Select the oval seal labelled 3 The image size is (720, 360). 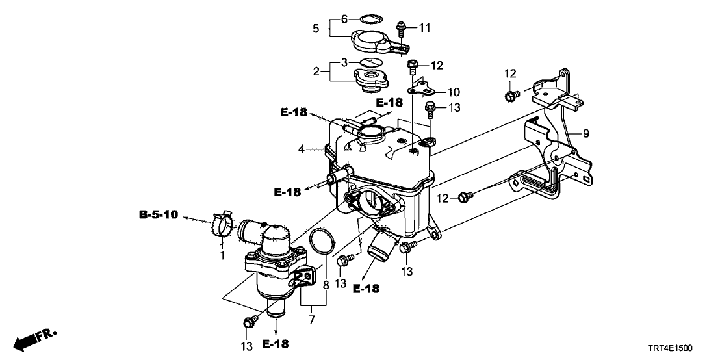(x=369, y=62)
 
